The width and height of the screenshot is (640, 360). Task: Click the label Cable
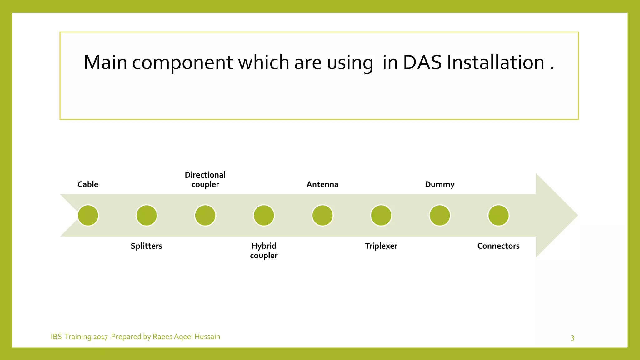tap(88, 184)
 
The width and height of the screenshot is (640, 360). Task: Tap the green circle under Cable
tap(88, 215)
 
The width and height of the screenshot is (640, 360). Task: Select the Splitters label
tap(146, 246)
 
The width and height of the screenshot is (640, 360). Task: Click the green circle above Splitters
tap(147, 215)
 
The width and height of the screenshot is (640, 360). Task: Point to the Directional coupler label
tap(205, 179)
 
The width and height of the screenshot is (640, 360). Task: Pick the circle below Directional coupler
tap(205, 215)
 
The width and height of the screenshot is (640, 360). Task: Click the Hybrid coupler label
tap(264, 251)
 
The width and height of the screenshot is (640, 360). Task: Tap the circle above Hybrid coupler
tap(264, 215)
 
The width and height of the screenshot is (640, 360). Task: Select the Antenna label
tap(322, 184)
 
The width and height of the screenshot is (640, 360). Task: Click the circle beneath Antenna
tap(322, 215)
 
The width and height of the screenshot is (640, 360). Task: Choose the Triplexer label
tap(381, 246)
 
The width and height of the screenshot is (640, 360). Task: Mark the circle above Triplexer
tap(381, 215)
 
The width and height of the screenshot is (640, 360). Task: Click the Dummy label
tap(440, 184)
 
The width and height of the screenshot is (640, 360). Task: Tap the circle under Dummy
tap(440, 215)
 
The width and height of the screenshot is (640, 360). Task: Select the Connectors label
tap(498, 246)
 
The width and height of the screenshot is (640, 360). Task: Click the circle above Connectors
tap(498, 215)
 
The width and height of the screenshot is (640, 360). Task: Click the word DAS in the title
tap(422, 62)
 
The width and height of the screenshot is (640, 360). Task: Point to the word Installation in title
tap(496, 62)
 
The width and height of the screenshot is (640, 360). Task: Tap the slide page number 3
tap(572, 338)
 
